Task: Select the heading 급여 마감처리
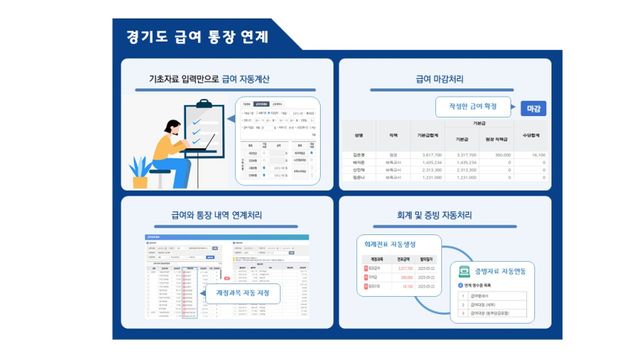[444, 78]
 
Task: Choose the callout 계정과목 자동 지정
[243, 293]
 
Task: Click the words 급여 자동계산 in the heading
[245, 78]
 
